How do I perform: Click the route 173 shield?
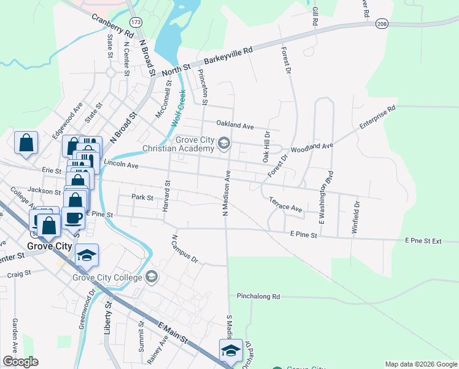click(136, 22)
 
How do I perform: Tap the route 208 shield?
click(382, 23)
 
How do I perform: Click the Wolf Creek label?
click(177, 109)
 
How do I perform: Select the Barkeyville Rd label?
click(228, 57)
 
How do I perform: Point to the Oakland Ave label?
click(234, 126)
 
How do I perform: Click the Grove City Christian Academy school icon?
click(224, 144)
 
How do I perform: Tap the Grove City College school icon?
click(150, 277)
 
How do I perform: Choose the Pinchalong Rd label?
click(258, 296)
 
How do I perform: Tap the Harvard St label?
click(166, 196)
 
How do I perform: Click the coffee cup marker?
click(73, 216)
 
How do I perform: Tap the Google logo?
click(20, 362)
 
